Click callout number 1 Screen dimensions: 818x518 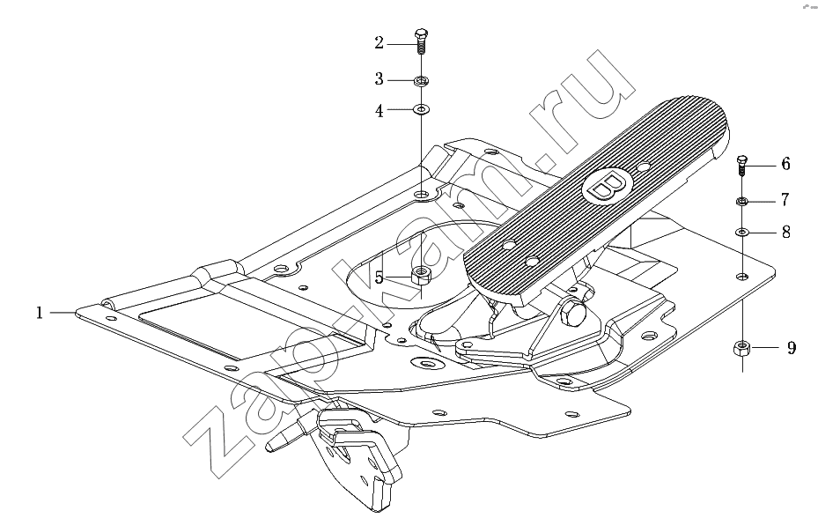pos(39,314)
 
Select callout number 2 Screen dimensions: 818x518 pos(380,43)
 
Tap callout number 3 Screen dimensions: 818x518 pos(380,79)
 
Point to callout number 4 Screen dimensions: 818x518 pos(380,111)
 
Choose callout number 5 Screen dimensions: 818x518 pos(380,278)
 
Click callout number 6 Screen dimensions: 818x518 pos(785,165)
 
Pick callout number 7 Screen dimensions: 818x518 pos(785,199)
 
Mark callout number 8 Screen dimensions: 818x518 pos(786,232)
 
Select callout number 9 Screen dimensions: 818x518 pos(792,348)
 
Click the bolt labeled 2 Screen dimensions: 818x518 pos(421,41)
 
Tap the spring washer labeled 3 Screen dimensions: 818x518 pos(421,81)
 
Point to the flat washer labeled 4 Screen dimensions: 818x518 pos(421,109)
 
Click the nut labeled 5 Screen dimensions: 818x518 pos(421,275)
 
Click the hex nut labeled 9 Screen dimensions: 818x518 pos(741,348)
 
